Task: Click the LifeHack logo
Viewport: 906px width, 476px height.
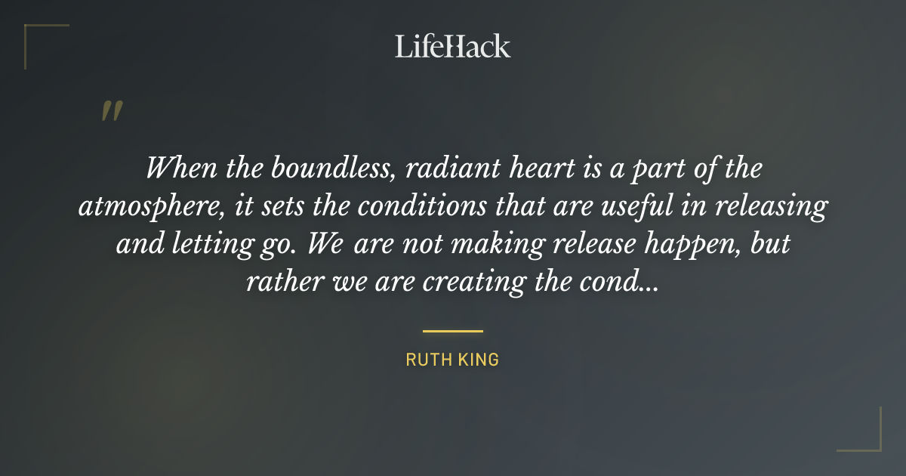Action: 452,46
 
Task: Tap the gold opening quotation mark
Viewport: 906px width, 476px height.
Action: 112,111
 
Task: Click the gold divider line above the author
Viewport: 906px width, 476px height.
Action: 452,331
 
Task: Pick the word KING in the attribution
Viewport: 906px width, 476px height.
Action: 479,360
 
